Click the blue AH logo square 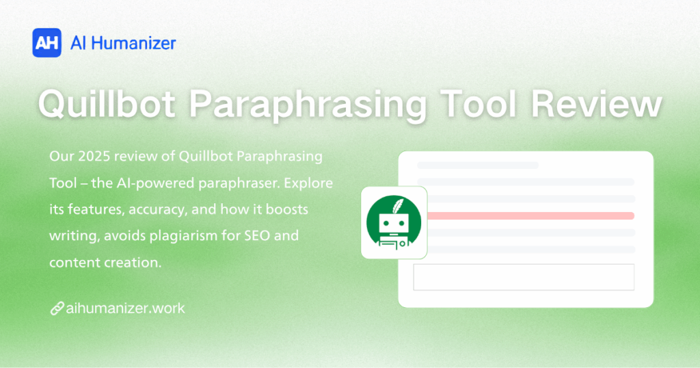pyautogui.click(x=47, y=43)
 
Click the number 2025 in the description pyautogui.click(x=92, y=157)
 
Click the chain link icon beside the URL pyautogui.click(x=57, y=308)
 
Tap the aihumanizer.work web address pyautogui.click(x=126, y=308)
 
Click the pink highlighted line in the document pyautogui.click(x=530, y=215)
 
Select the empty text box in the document pyautogui.click(x=524, y=277)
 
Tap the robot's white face pyautogui.click(x=394, y=223)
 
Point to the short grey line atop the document pyautogui.click(x=477, y=165)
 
